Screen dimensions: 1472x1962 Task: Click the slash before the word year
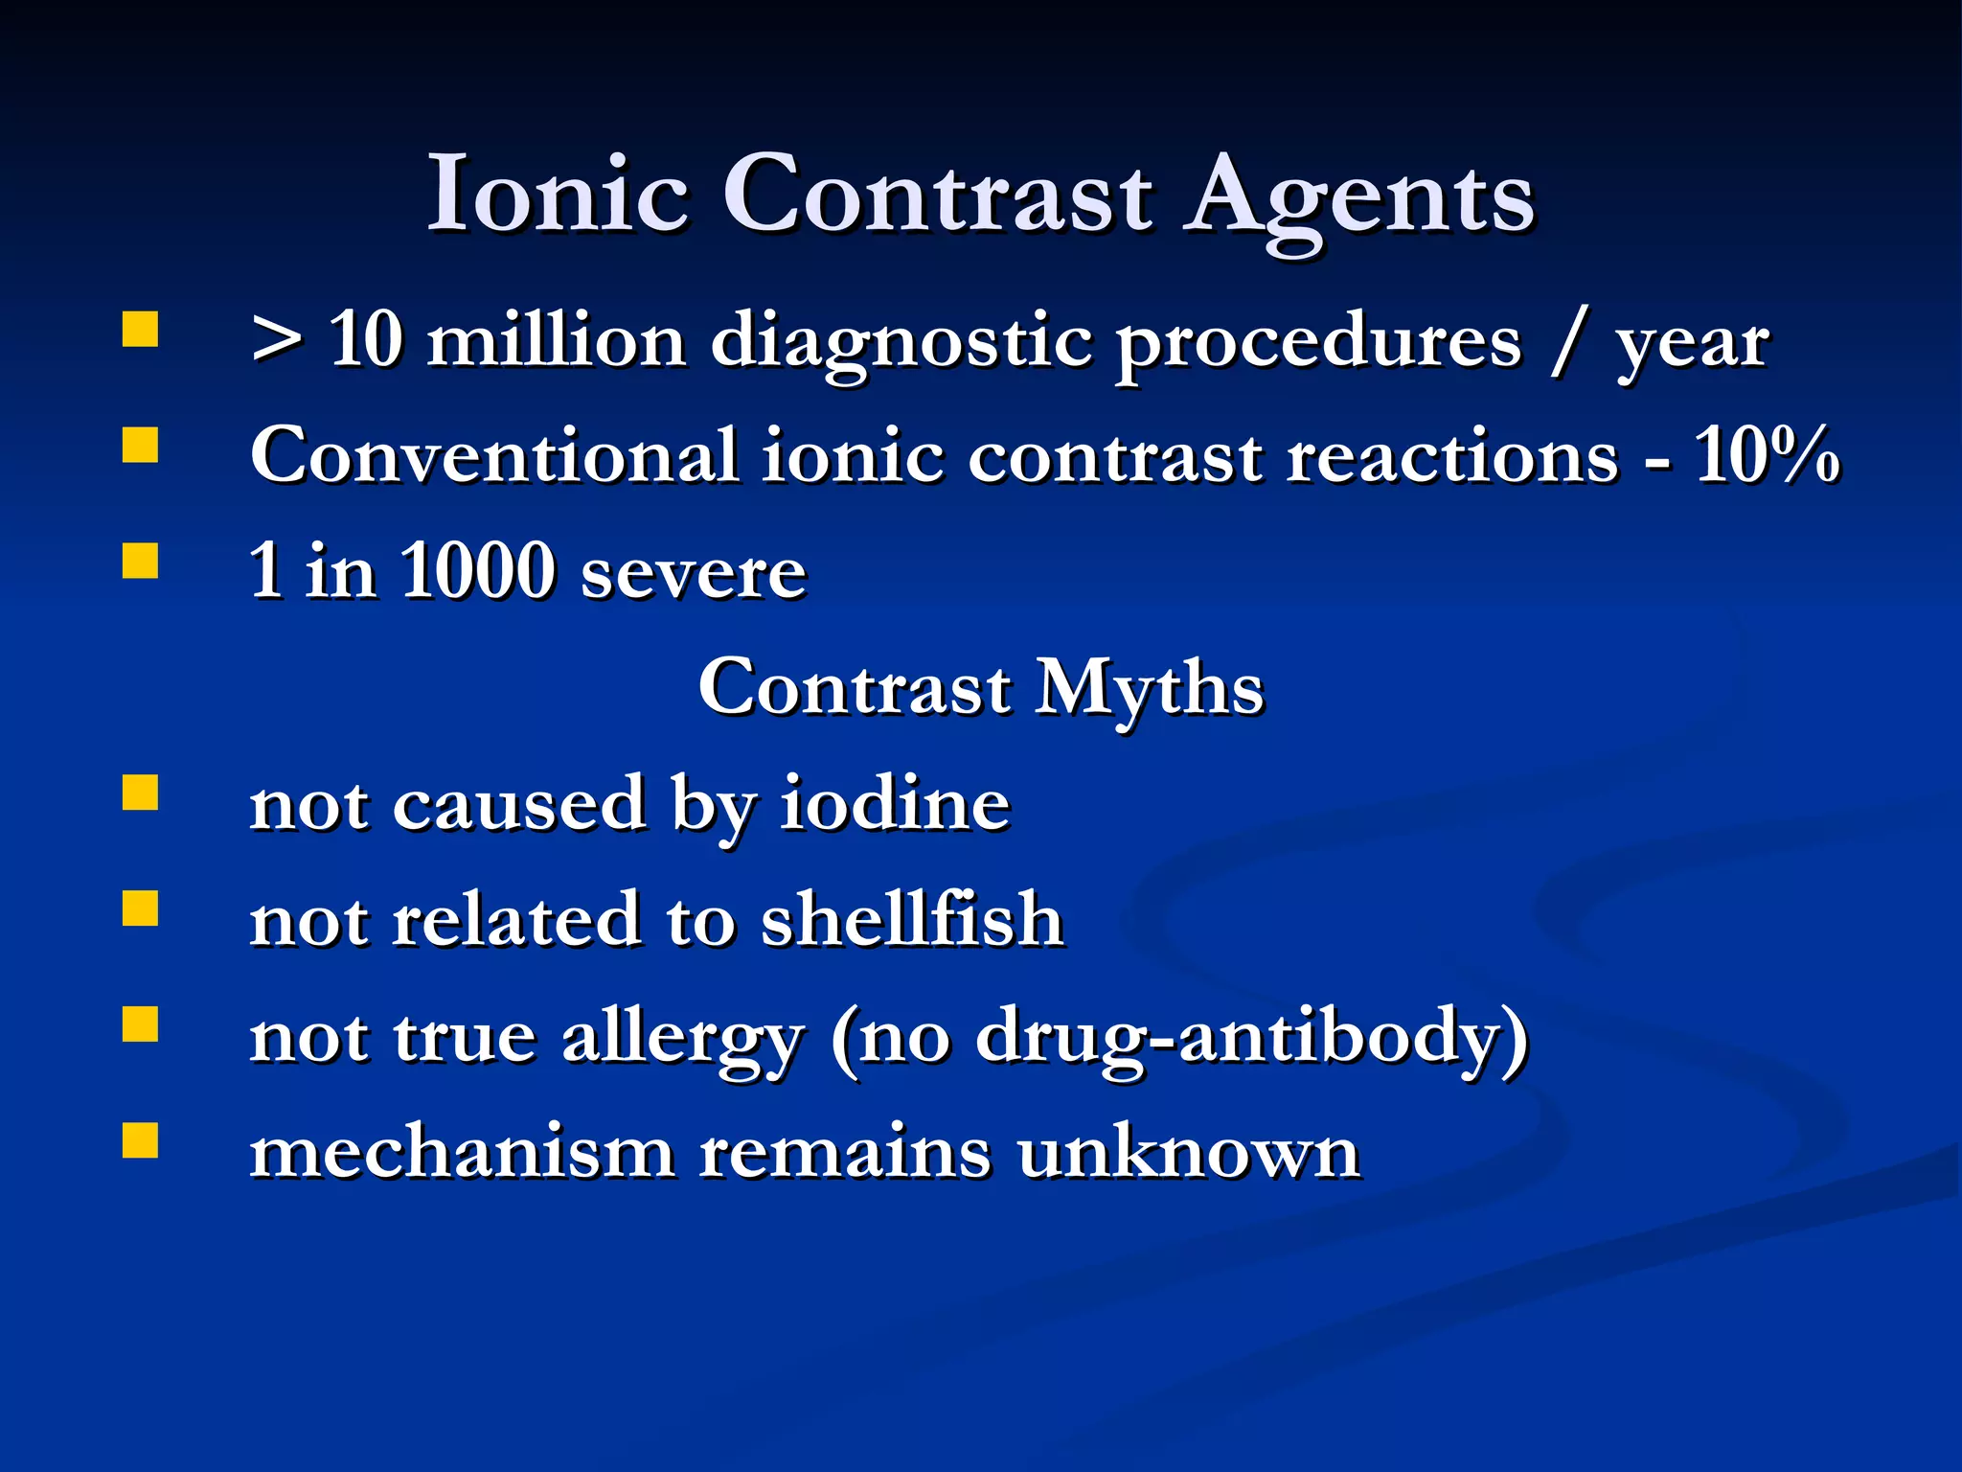point(1567,342)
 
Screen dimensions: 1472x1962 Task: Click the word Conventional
point(493,455)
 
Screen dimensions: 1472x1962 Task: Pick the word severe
point(694,575)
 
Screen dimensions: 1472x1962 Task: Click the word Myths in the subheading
point(1150,690)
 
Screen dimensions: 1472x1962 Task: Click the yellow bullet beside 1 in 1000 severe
point(140,562)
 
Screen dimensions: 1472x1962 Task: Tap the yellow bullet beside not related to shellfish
point(140,908)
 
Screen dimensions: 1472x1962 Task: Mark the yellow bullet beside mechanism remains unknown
point(140,1141)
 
